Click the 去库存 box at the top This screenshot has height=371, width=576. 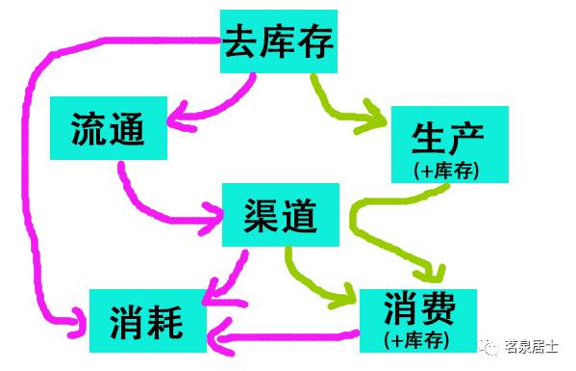point(279,41)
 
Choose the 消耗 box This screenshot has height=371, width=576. point(150,319)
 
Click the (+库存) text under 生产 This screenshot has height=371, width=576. point(446,171)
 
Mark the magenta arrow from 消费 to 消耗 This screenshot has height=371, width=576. point(284,337)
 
